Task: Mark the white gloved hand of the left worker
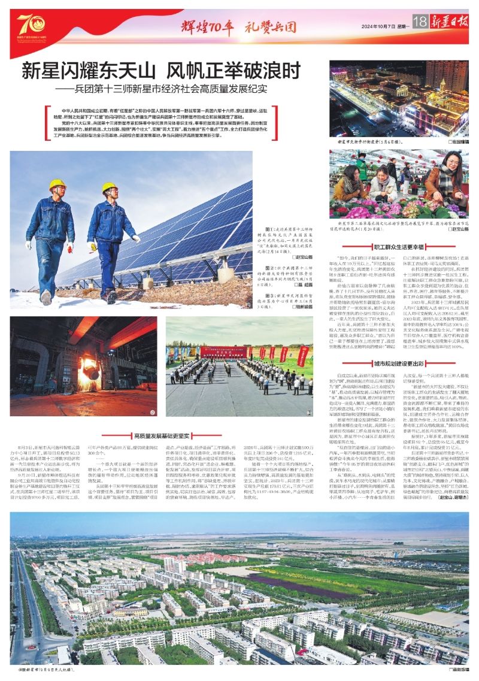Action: [71, 246]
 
